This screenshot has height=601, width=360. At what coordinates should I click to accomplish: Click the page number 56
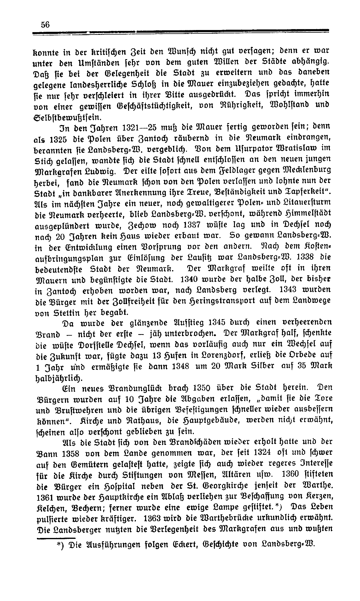coord(45,25)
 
